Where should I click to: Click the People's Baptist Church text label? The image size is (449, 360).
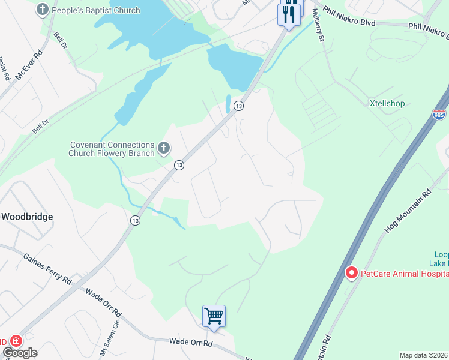[96, 10]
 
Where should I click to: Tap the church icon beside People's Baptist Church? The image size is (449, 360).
[43, 10]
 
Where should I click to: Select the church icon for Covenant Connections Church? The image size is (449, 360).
[164, 148]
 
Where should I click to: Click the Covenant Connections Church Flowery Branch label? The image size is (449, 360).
[112, 149]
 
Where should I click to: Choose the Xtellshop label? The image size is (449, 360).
[387, 103]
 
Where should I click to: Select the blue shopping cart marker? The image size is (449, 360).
[214, 315]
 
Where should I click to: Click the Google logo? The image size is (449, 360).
[20, 353]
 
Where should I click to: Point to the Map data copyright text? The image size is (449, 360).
[423, 355]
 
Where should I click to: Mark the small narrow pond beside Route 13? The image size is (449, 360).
[228, 103]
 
